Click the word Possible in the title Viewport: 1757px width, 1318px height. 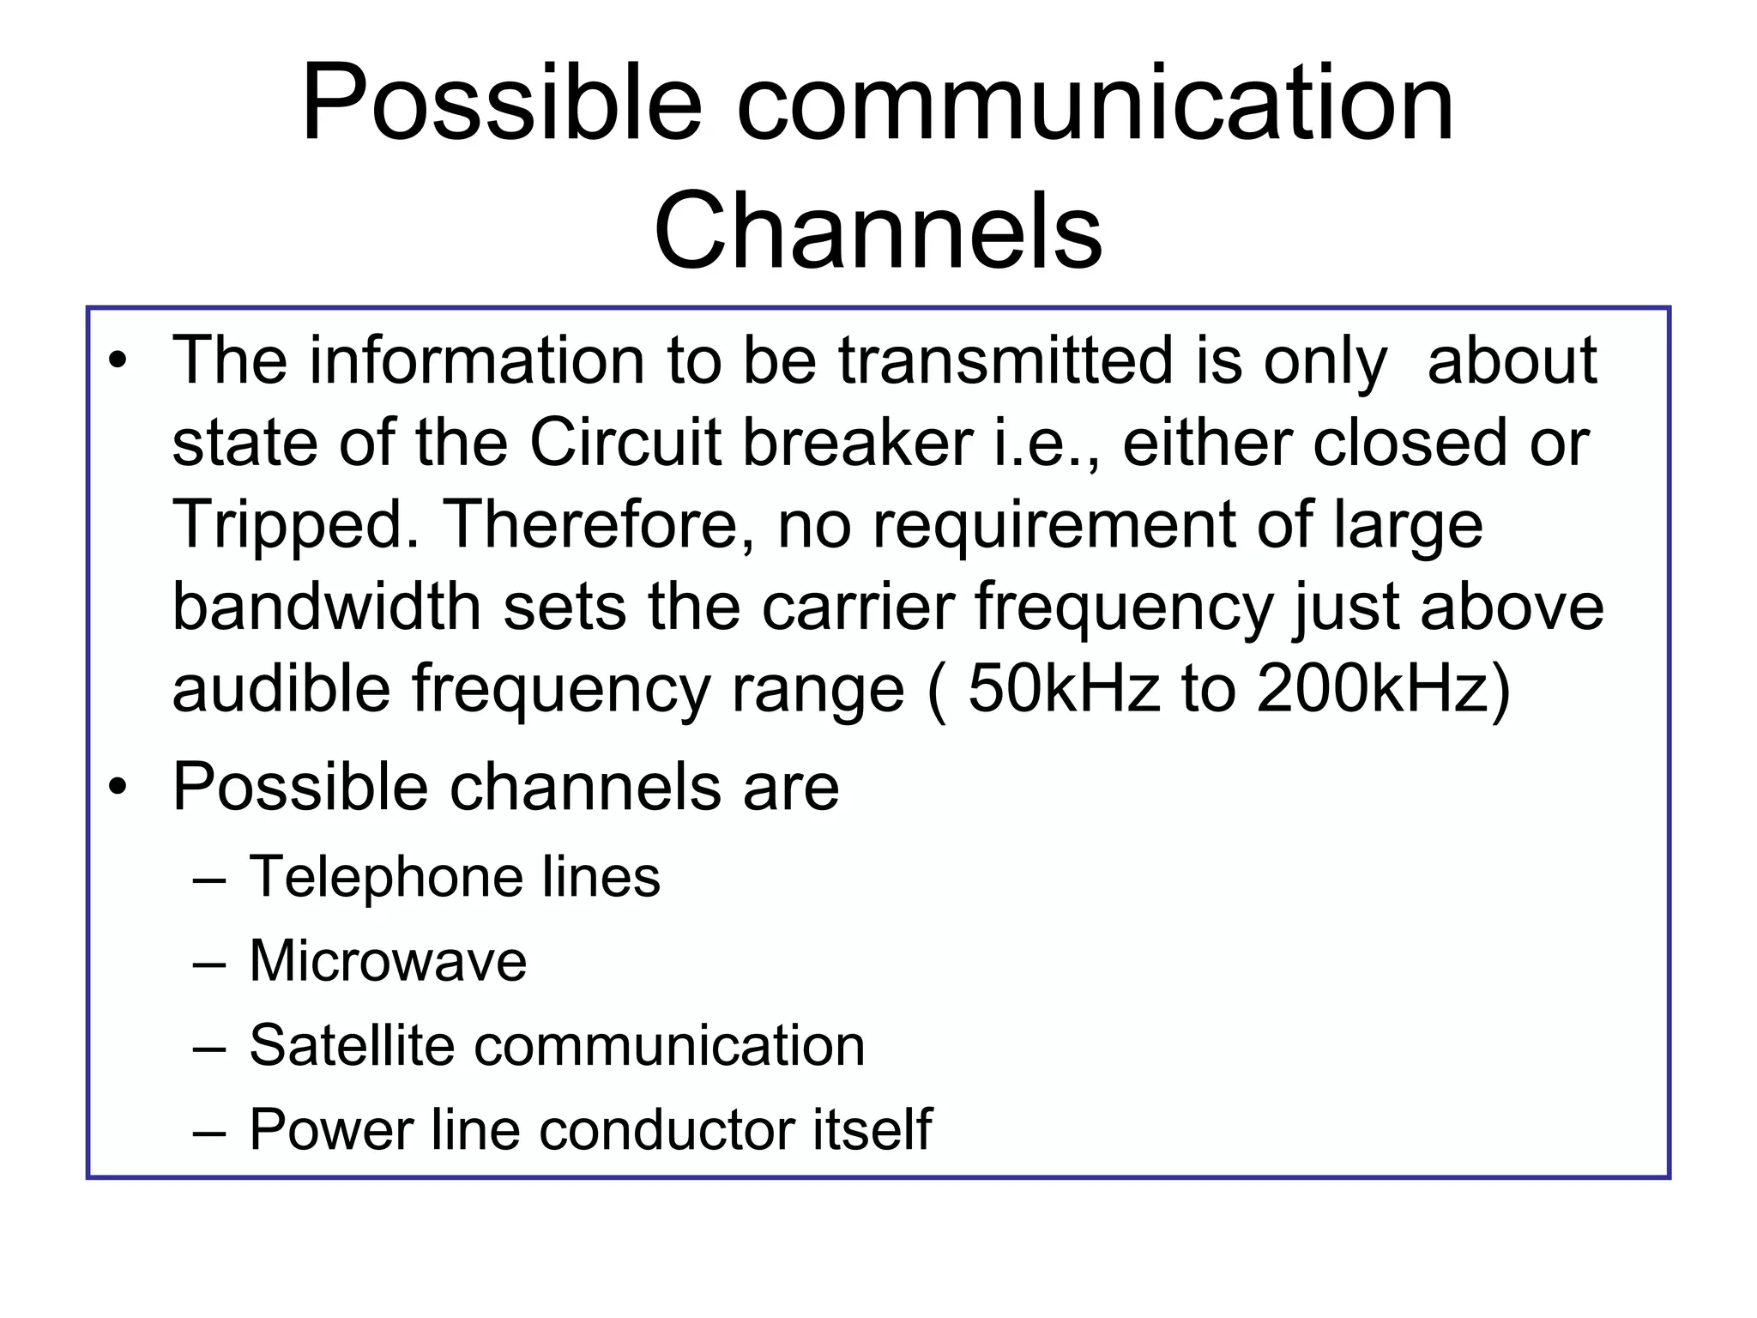[501, 105]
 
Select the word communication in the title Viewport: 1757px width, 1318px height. [1095, 105]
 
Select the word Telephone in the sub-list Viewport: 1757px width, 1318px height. [384, 877]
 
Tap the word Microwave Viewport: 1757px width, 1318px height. [388, 960]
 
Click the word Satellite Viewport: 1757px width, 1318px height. [351, 1045]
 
